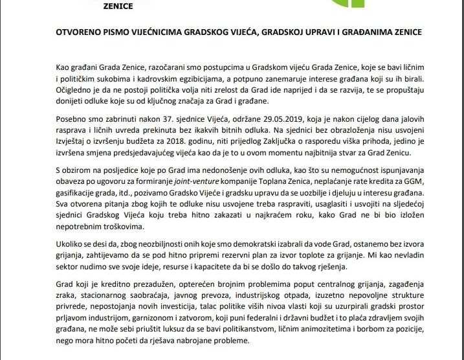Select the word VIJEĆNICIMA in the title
click(149, 32)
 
